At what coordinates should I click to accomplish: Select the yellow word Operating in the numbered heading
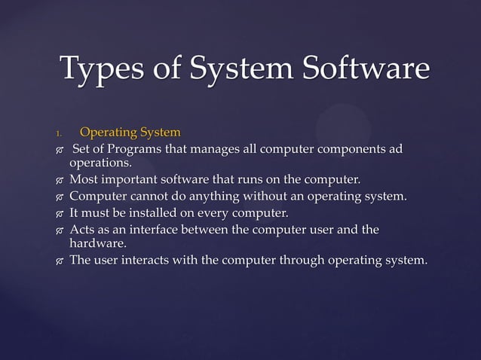pos(106,133)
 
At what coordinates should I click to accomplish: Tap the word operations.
pos(100,162)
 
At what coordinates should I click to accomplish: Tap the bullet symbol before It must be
pos(59,214)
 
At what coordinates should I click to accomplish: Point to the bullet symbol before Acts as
pos(59,230)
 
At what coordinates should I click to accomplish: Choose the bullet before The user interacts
pos(59,262)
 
